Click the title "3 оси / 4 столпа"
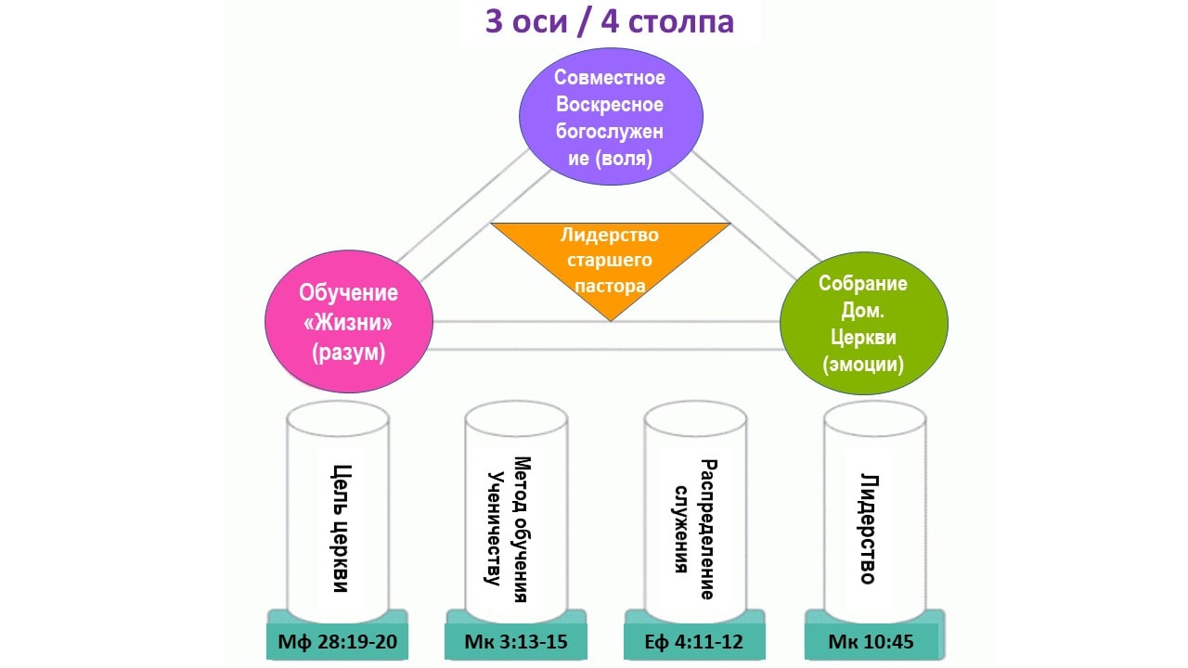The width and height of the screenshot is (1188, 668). [x=610, y=21]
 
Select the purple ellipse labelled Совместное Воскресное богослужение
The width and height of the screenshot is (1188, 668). [x=610, y=118]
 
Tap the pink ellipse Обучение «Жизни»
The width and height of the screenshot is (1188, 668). [x=348, y=322]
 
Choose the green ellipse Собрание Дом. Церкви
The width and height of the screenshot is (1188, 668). [x=863, y=322]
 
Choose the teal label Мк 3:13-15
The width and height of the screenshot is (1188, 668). [x=518, y=641]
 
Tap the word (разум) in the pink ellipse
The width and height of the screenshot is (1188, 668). [x=348, y=352]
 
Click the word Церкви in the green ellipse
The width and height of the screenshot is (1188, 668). [x=863, y=337]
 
